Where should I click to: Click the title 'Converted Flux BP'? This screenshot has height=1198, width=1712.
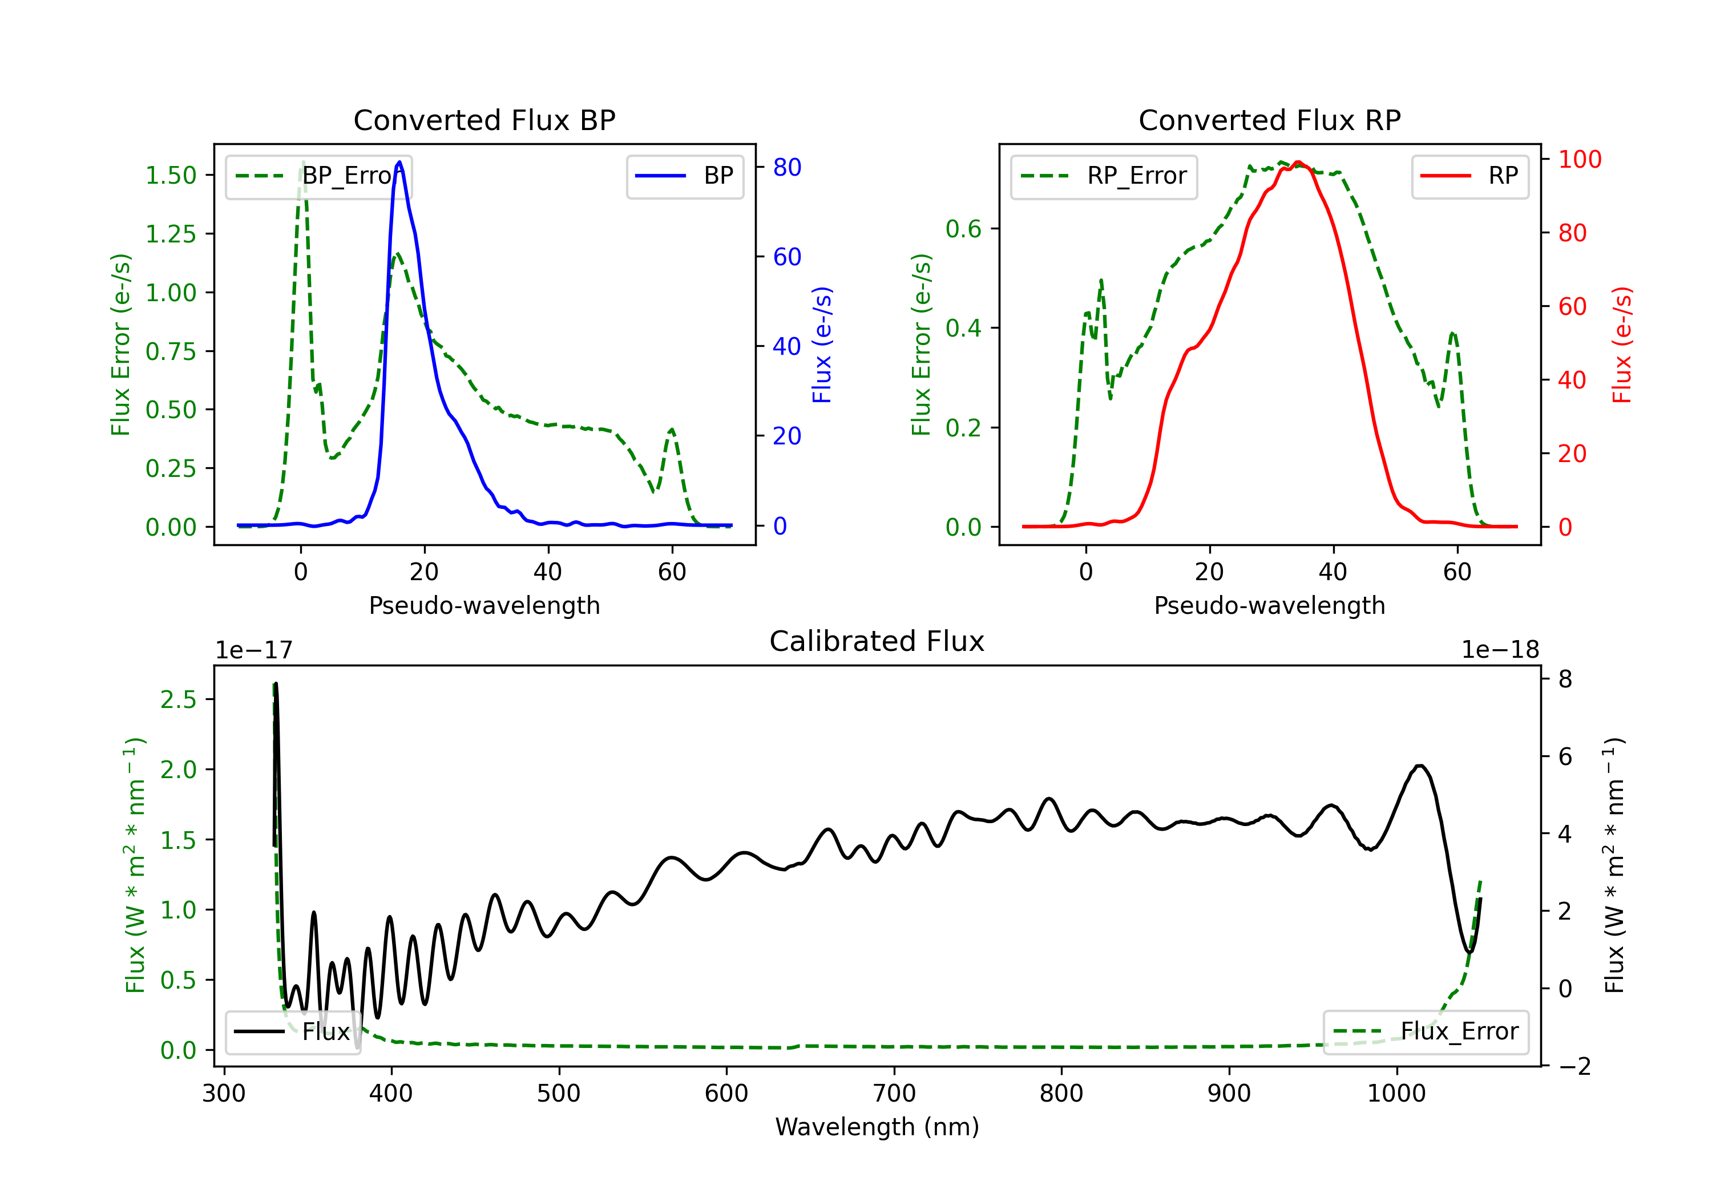click(484, 120)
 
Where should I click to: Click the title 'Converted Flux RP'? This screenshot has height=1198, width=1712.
click(1269, 120)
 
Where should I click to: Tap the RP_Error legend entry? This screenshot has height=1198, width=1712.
click(1104, 177)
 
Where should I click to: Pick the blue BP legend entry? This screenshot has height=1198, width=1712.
click(684, 177)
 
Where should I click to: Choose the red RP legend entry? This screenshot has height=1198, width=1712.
click(1469, 177)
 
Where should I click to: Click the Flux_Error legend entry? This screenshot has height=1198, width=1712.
click(1426, 1032)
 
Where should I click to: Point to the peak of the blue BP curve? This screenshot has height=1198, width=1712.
click(399, 162)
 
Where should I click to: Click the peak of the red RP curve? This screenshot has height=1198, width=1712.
click(1298, 162)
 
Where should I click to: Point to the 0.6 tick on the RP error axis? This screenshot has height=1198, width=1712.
click(963, 229)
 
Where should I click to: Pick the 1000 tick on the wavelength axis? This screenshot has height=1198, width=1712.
click(1396, 1094)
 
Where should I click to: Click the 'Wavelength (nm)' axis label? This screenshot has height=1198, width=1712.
click(877, 1127)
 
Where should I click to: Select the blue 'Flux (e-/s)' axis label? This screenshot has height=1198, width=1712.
click(822, 345)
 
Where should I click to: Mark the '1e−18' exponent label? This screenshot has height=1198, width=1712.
click(1500, 650)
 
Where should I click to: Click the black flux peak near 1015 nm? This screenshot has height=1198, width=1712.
click(1420, 766)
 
